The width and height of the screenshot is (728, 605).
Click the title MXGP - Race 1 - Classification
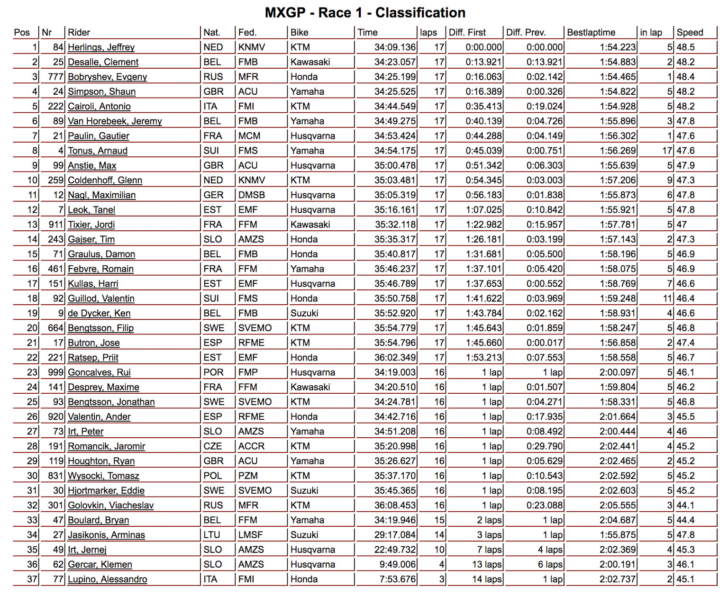tap(365, 13)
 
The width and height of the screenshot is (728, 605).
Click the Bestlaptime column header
tap(591, 33)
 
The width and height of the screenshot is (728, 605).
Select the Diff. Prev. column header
tap(526, 33)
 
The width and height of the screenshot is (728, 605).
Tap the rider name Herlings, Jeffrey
tap(101, 47)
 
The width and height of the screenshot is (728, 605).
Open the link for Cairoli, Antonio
tap(99, 107)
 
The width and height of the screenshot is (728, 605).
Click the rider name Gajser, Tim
tap(91, 239)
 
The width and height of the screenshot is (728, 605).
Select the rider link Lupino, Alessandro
tap(107, 579)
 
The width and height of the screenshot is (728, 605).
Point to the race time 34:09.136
tap(395, 47)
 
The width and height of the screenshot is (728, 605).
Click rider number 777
tap(55, 77)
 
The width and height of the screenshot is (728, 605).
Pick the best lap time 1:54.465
tap(618, 77)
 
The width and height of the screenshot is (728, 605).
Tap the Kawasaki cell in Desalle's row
tap(310, 62)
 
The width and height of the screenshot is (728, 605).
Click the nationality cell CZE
tap(212, 446)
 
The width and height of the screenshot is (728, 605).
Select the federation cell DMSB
tap(251, 195)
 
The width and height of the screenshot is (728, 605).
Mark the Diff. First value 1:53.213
tap(483, 358)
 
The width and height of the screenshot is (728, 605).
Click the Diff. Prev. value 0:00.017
tap(545, 343)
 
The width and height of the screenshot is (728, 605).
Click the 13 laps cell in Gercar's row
tap(487, 565)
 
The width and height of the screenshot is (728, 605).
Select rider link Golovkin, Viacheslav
tap(110, 506)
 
